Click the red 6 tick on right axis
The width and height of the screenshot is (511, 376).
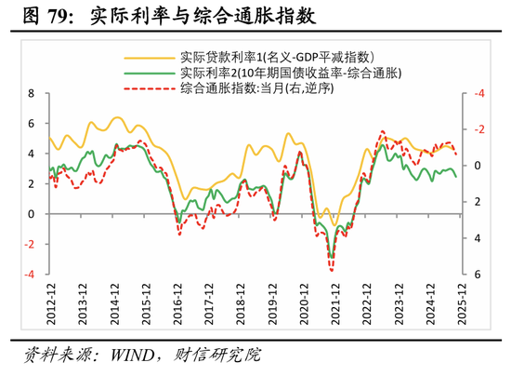point(477,275)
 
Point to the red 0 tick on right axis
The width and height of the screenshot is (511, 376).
point(477,166)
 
